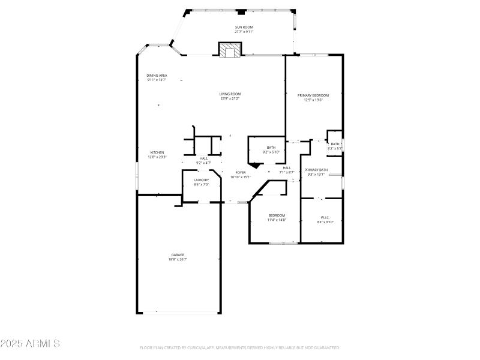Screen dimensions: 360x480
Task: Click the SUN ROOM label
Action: [x=243, y=28]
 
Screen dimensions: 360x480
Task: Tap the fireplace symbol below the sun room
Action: [x=229, y=50]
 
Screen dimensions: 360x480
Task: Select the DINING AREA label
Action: [x=157, y=76]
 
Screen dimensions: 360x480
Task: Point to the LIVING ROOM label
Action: [x=230, y=94]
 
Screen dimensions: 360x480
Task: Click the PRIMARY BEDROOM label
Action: [x=313, y=95]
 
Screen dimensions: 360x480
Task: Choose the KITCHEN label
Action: [x=157, y=152]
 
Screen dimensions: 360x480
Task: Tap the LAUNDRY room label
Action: [x=201, y=180]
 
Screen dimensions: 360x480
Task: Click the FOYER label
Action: [x=240, y=172]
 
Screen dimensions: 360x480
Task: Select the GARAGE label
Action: [x=178, y=254]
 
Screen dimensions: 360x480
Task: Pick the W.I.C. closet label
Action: [x=325, y=217]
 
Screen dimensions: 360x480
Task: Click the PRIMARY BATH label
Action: [x=316, y=170]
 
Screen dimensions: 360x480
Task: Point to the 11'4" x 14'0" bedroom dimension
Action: [x=277, y=220]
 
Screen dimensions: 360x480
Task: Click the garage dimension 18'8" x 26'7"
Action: [x=178, y=259]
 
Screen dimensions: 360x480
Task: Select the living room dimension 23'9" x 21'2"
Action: [x=230, y=98]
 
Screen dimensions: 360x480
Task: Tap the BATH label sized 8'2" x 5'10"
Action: [x=271, y=148]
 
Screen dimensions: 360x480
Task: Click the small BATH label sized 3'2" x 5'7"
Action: [x=335, y=143]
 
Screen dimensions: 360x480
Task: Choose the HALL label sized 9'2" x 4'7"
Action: [x=203, y=158]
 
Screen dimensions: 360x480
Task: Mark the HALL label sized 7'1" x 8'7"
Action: [x=287, y=168]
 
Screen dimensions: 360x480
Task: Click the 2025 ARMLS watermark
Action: [x=30, y=344]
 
